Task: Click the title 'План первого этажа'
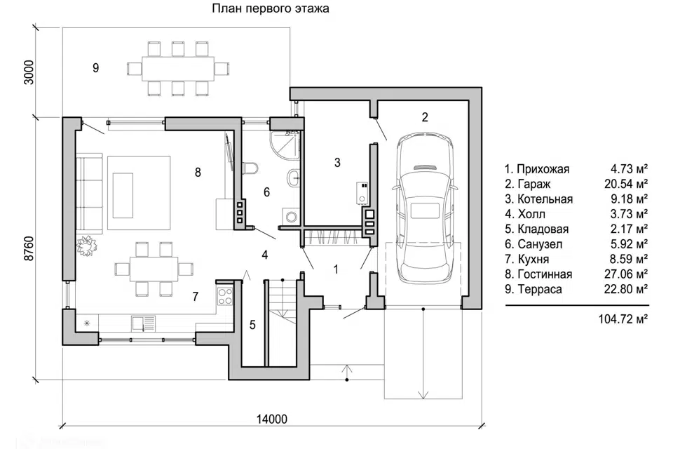[x=270, y=9]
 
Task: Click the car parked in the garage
[x=426, y=209]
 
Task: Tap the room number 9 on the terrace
[x=95, y=67]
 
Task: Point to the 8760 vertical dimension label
[x=29, y=246]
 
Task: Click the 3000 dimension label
[x=29, y=73]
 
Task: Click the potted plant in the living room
[x=88, y=246]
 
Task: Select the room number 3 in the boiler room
[x=337, y=163]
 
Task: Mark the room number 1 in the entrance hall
[x=336, y=268]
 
